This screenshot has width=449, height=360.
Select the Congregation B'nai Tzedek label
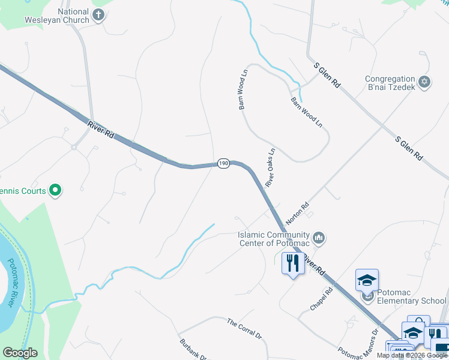[x=391, y=83]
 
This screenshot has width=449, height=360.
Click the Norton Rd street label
[x=298, y=213]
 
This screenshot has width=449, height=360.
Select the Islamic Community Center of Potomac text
[x=274, y=238]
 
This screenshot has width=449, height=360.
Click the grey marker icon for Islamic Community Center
[x=319, y=238]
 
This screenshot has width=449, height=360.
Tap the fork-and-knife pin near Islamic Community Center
[x=293, y=263]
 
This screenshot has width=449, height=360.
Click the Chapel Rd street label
[x=321, y=299]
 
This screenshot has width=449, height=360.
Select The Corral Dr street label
[x=245, y=329]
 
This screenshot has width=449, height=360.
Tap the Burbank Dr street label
[x=193, y=350]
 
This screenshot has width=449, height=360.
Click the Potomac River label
[x=11, y=283]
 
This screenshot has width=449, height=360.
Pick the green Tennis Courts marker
[x=55, y=191]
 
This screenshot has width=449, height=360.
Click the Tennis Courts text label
[x=23, y=191]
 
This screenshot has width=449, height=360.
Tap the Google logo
[x=20, y=353]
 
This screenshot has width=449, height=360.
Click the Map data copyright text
[x=412, y=355]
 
